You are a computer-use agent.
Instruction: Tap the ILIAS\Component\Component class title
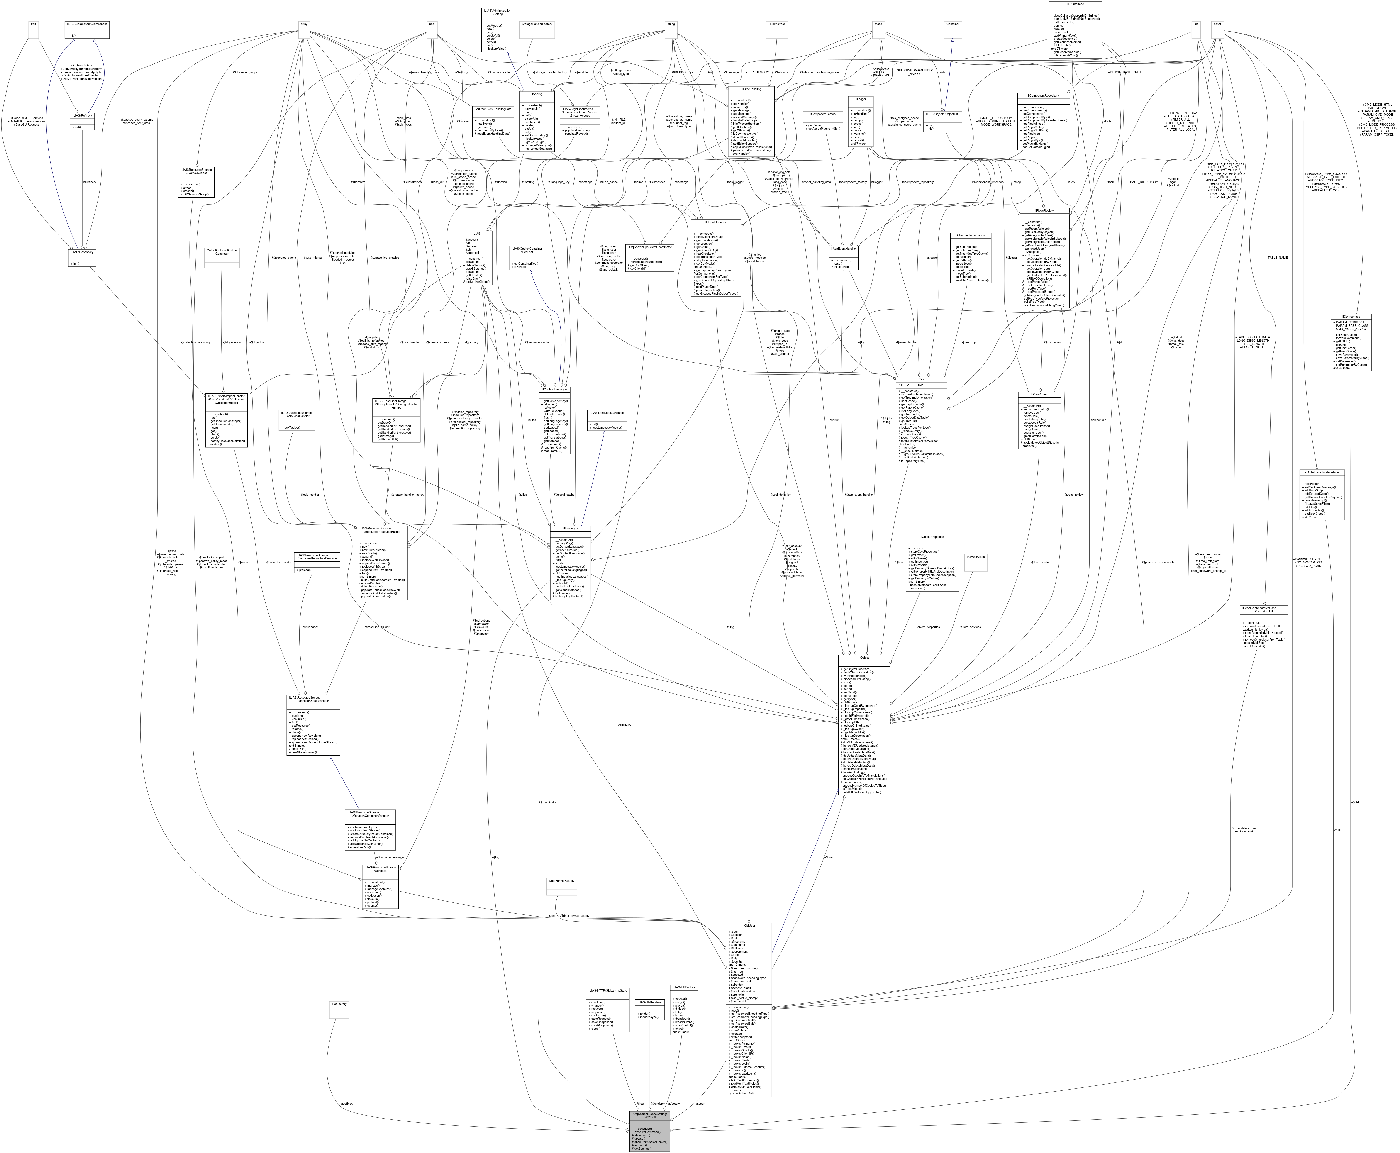point(86,24)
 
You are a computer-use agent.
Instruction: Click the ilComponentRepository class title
point(1043,95)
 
